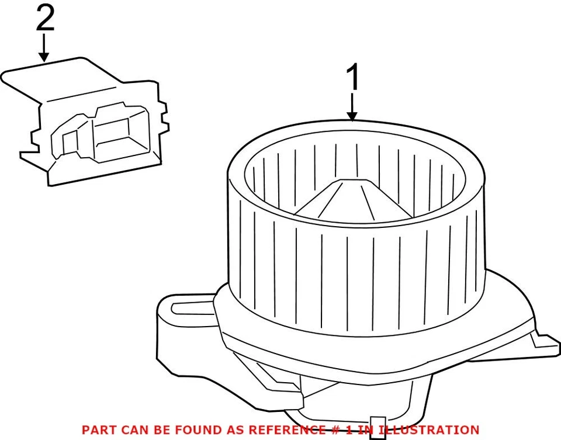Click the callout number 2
pos(45,19)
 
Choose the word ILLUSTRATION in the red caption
pos(430,429)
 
